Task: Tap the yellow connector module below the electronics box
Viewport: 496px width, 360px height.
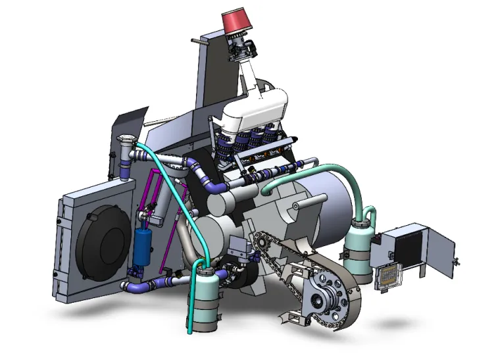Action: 387,276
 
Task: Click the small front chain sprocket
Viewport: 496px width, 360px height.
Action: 258,245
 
